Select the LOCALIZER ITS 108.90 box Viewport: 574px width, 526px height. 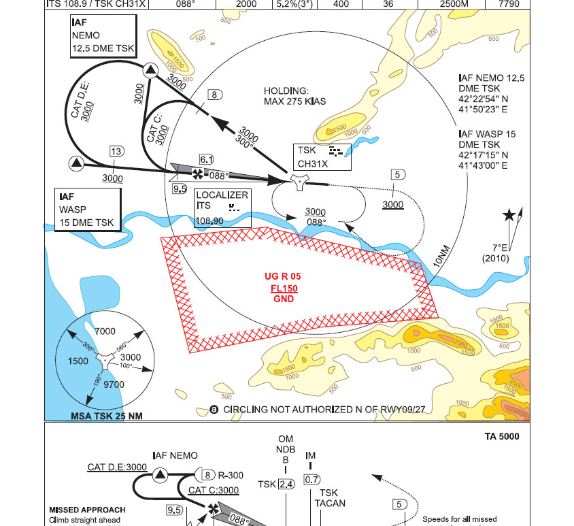[221, 208]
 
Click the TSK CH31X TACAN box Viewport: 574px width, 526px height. [322, 157]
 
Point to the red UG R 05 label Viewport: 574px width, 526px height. [282, 276]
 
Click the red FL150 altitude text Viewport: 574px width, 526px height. [282, 288]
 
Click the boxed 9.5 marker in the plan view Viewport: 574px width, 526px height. [180, 188]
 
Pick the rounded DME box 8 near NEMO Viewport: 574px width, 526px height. [214, 95]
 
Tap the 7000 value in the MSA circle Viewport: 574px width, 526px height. [105, 331]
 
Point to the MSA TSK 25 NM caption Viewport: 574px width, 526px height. [107, 416]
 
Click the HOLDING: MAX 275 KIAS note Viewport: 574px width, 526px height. [295, 96]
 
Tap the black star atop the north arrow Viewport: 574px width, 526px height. [509, 216]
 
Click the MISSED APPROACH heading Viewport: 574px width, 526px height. [87, 510]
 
